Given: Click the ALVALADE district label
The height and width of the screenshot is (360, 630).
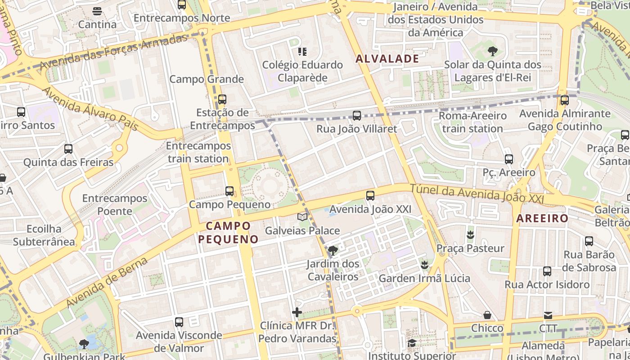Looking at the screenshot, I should pyautogui.click(x=387, y=58).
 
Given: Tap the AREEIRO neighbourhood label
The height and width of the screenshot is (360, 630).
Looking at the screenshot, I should pyautogui.click(x=542, y=219).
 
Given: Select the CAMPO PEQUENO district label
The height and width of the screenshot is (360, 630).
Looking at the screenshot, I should pyautogui.click(x=229, y=232).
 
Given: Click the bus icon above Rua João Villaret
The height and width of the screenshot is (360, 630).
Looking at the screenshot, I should pyautogui.click(x=357, y=116).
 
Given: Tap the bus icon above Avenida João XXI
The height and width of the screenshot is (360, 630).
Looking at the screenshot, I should pyautogui.click(x=370, y=196).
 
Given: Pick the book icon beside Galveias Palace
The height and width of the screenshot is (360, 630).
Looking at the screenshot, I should pyautogui.click(x=302, y=217).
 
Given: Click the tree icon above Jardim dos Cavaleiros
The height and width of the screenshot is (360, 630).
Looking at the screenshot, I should pyautogui.click(x=333, y=250).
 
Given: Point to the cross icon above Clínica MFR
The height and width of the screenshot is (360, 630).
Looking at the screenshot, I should pyautogui.click(x=297, y=312).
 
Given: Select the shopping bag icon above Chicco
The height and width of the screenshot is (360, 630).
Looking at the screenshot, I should pyautogui.click(x=487, y=315).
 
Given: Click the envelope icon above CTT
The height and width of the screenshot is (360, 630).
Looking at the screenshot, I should pyautogui.click(x=548, y=315).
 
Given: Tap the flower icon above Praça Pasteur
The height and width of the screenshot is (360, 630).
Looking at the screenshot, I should pyautogui.click(x=470, y=234).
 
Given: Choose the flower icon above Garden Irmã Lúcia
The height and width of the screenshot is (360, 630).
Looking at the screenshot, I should pyautogui.click(x=424, y=265).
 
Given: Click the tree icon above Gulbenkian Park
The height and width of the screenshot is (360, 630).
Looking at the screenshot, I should pyautogui.click(x=84, y=344).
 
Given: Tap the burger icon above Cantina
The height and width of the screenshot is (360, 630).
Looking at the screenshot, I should pyautogui.click(x=97, y=11).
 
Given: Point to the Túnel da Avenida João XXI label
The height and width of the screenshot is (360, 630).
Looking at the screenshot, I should pyautogui.click(x=477, y=194).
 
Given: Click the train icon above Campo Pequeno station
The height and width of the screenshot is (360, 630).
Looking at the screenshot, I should pyautogui.click(x=229, y=191).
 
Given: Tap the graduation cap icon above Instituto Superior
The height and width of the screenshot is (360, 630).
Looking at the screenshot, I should pyautogui.click(x=411, y=343).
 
